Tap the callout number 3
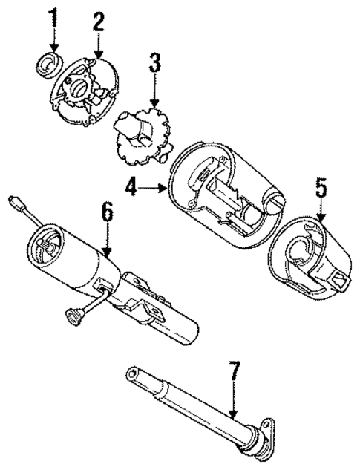pos(154,62)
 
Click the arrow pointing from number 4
pos(154,189)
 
